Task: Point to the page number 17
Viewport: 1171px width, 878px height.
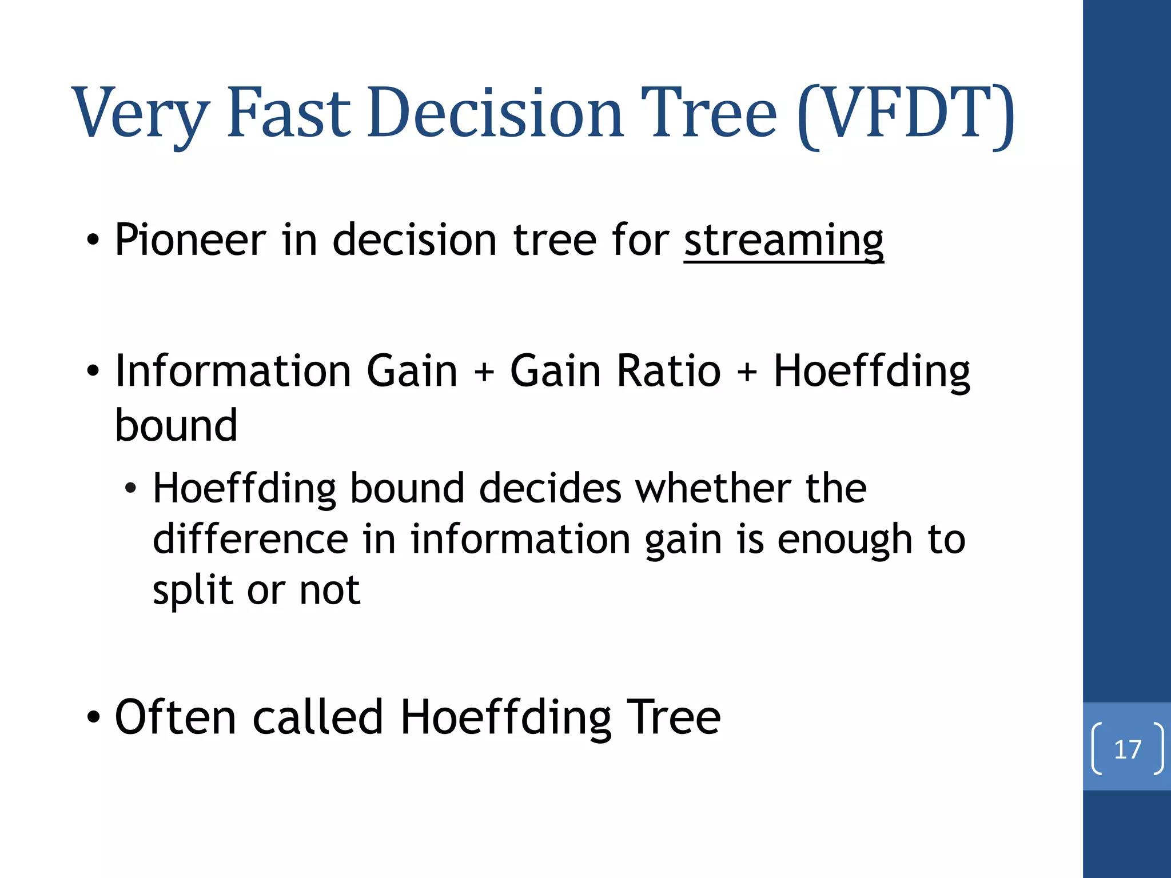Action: [x=1127, y=749]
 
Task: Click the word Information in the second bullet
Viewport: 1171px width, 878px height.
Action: [x=233, y=372]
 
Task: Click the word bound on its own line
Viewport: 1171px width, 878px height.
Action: [x=176, y=426]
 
